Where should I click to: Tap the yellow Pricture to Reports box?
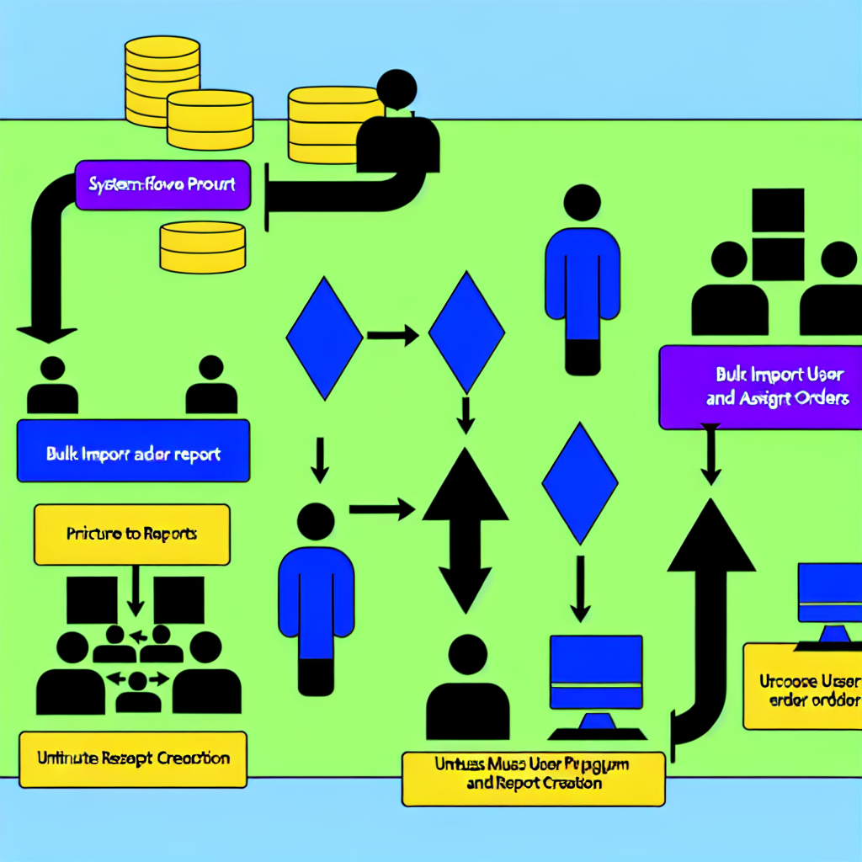point(131,534)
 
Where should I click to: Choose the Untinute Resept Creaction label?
point(133,759)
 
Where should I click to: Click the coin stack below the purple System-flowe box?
point(202,247)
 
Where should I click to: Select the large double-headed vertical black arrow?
point(465,530)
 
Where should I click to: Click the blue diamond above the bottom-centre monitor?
point(579,482)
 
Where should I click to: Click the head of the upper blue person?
point(582,204)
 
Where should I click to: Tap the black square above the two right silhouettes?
point(778,214)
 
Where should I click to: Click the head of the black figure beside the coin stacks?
point(396,89)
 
